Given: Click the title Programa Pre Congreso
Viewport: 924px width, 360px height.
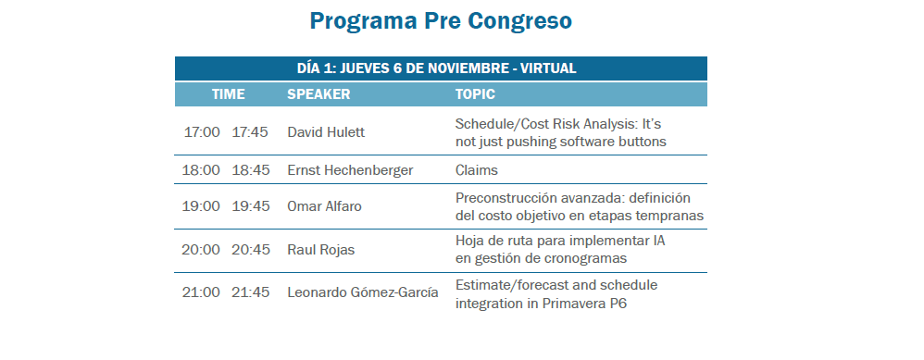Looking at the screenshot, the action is [x=441, y=21].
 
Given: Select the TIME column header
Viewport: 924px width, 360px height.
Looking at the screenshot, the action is [x=229, y=94].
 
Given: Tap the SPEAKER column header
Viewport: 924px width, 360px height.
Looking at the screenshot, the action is [x=318, y=94].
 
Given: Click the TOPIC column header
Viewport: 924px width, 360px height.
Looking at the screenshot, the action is [x=475, y=94].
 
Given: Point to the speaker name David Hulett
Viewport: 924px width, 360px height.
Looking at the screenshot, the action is [x=326, y=132].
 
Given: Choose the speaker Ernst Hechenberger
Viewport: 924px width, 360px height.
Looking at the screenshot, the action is [x=350, y=170].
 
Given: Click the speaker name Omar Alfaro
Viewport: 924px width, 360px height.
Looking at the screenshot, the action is [x=325, y=206].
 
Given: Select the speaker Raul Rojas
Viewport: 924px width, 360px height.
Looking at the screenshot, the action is [x=321, y=250].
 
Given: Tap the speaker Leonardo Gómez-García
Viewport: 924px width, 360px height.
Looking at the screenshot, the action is [x=363, y=292].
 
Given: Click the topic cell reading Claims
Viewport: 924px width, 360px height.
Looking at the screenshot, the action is [x=477, y=170].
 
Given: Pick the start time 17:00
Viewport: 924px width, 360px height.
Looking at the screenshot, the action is [x=202, y=132].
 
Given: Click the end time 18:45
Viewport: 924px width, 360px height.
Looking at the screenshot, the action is [x=251, y=170].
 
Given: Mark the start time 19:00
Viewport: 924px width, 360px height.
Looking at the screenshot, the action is [x=201, y=206].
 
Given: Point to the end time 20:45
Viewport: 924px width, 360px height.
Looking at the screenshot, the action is [x=251, y=250].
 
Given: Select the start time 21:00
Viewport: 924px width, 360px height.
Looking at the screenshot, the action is [x=201, y=292].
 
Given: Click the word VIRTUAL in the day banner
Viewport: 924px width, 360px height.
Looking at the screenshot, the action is [x=548, y=68].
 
